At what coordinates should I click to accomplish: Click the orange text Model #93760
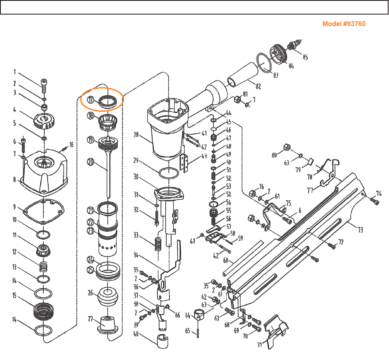344,24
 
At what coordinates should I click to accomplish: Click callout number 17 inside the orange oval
90,100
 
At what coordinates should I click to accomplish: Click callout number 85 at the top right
305,58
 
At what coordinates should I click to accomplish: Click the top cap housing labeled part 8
44,173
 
